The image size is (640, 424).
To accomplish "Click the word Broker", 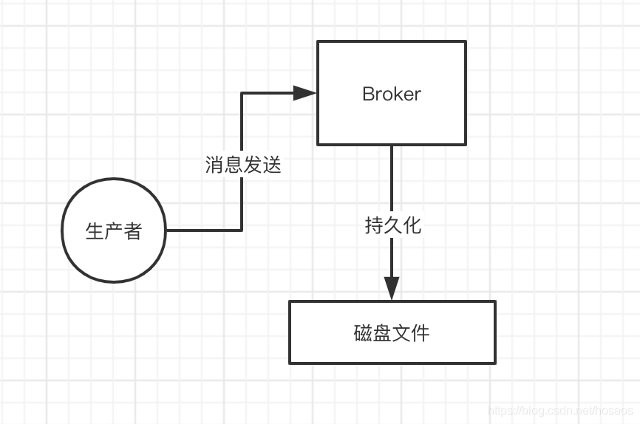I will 392,94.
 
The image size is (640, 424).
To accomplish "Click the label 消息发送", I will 243,165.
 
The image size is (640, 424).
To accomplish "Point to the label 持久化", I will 392,225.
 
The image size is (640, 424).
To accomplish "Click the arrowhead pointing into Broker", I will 304,93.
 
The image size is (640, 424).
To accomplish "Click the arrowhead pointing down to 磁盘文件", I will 392,288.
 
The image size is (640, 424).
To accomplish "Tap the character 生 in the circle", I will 95,231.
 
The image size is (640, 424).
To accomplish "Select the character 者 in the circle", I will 133,231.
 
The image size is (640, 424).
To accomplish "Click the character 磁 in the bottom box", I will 363,333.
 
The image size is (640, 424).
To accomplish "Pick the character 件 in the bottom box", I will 421,333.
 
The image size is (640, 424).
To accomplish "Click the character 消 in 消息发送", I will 214,165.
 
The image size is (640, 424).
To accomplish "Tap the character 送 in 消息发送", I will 272,165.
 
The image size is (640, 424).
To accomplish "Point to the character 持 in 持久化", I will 373,225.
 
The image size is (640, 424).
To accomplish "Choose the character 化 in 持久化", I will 412,225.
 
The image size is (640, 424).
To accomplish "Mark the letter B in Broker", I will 368,94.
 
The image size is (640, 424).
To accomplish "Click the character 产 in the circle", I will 114,231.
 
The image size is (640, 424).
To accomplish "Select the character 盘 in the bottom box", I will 382,333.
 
